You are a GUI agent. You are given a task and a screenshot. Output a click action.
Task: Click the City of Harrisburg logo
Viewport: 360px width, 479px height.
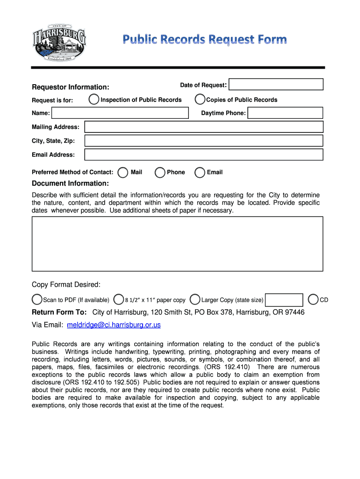pos(59,42)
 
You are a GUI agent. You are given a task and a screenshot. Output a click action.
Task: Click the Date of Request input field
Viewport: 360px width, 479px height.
pos(276,84)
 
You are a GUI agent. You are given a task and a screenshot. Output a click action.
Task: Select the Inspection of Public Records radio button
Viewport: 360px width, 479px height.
pos(94,100)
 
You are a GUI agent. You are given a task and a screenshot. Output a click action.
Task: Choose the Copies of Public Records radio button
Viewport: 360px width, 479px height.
pos(200,100)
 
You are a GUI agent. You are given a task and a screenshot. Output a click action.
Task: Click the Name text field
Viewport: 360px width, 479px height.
pos(120,113)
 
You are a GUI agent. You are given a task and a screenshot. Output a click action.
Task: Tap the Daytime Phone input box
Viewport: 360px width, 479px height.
pos(285,113)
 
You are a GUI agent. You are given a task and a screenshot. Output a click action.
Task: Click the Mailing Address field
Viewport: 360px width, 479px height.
pos(203,127)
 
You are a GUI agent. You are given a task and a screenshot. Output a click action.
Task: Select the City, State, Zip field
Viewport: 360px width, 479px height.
pos(203,141)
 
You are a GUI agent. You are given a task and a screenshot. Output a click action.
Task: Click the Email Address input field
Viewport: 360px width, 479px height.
pos(203,154)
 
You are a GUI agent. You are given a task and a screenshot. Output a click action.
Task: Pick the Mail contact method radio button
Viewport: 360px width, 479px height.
pos(123,173)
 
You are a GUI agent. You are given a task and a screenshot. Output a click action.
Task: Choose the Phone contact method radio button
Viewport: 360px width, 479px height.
pos(160,173)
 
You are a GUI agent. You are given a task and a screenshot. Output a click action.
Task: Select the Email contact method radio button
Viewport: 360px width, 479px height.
pos(200,173)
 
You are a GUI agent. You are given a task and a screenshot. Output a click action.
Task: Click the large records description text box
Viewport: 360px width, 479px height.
pos(177,244)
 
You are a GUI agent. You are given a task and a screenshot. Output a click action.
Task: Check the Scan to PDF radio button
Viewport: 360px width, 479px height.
pos(37,299)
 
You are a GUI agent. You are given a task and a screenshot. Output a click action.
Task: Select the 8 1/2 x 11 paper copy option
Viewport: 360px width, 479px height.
pos(119,299)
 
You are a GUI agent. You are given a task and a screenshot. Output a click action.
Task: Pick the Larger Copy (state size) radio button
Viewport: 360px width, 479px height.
pos(195,299)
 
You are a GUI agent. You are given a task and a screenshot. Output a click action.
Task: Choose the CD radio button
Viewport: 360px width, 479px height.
pos(313,299)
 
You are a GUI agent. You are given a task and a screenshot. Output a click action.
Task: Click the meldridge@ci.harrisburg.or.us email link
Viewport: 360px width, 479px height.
pos(114,325)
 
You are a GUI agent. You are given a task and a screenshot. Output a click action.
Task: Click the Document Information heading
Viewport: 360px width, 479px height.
pos(70,183)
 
